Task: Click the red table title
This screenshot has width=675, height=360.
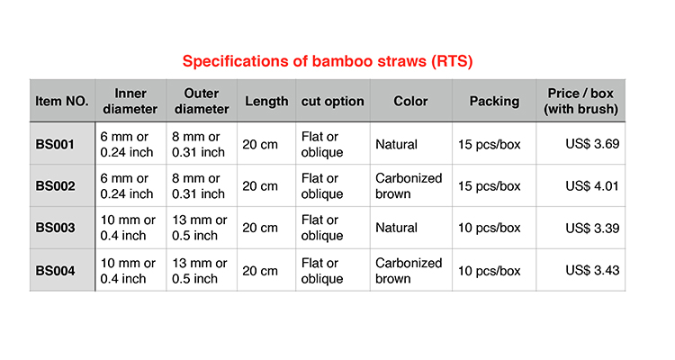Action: tap(328, 61)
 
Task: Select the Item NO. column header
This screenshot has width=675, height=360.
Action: tap(62, 101)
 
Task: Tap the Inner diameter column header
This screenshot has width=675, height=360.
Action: tap(130, 101)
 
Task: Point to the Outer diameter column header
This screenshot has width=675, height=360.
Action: tap(202, 101)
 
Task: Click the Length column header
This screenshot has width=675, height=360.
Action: tap(266, 101)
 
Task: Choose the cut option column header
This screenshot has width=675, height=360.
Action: tap(332, 101)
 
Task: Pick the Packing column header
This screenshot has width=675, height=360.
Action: tap(494, 101)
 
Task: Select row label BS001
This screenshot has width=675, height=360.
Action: tap(55, 144)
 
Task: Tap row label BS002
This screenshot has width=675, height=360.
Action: tap(55, 186)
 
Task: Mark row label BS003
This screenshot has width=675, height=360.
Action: tap(55, 228)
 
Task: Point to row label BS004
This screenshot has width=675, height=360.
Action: tap(55, 270)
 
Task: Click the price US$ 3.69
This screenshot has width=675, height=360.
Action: tap(592, 144)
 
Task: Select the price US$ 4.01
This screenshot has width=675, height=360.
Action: tap(592, 186)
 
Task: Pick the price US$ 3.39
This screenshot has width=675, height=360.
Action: tap(592, 228)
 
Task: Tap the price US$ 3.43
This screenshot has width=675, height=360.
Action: tap(592, 270)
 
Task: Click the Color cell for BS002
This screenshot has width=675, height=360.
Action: tap(409, 186)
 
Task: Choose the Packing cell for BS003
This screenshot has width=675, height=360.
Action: tap(489, 228)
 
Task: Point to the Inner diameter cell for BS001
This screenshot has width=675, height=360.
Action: tap(127, 144)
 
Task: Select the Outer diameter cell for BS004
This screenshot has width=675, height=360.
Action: tap(199, 270)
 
